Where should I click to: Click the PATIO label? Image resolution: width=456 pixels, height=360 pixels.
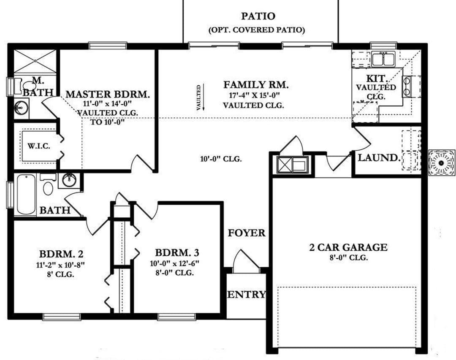[258, 16]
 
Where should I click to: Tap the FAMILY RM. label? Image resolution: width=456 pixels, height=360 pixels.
[256, 85]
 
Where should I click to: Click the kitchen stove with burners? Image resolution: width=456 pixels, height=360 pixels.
[407, 86]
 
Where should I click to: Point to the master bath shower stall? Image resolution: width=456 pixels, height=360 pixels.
[35, 61]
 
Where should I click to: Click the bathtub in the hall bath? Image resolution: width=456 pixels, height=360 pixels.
[26, 195]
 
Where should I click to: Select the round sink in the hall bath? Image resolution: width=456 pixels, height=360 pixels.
[69, 180]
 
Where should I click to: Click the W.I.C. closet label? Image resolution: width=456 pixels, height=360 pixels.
[39, 146]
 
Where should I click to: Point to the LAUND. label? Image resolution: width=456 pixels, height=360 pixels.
[379, 158]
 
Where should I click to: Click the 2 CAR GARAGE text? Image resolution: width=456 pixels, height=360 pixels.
[348, 247]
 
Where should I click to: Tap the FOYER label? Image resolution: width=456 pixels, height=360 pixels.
[247, 233]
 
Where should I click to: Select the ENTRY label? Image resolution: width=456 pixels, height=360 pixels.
[246, 294]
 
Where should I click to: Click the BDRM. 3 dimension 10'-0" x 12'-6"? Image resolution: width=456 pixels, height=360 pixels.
[174, 263]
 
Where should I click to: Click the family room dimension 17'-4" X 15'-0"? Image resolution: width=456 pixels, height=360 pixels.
[254, 95]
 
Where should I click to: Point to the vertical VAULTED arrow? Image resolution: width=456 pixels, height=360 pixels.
[204, 97]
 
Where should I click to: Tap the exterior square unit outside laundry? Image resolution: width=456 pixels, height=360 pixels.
[442, 163]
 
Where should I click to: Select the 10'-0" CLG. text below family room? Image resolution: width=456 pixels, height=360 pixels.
[221, 159]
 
